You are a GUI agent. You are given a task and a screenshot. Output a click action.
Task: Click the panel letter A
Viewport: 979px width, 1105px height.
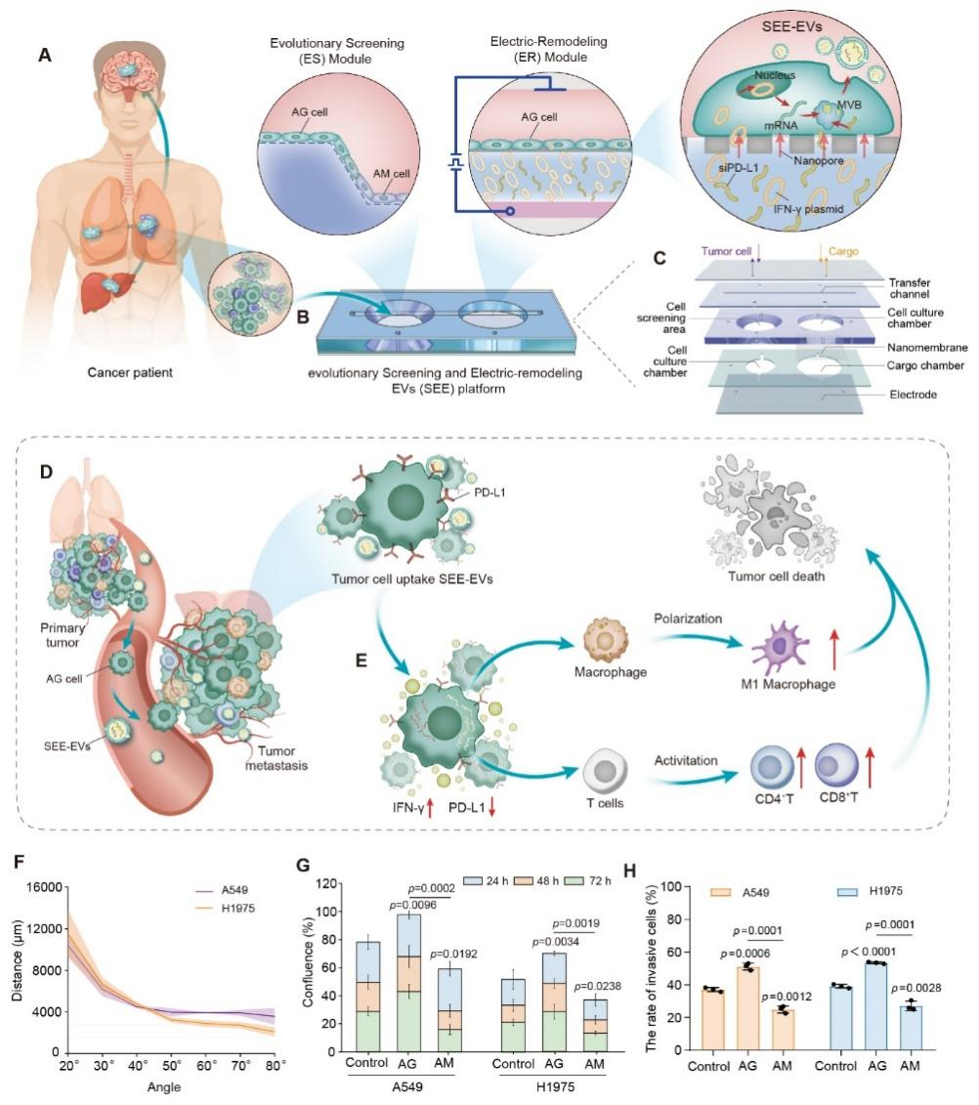point(44,56)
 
